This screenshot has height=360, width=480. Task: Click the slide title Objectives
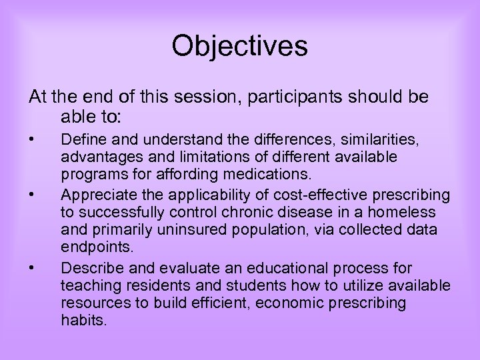(239, 47)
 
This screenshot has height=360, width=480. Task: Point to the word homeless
(405, 212)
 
